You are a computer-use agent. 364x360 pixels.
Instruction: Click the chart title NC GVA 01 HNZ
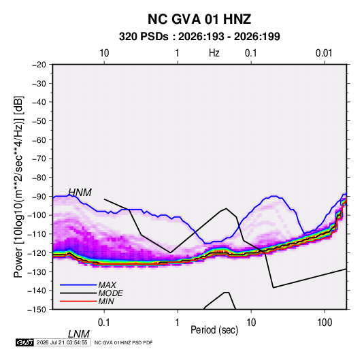pos(199,19)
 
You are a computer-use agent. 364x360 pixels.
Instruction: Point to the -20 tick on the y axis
pos(39,65)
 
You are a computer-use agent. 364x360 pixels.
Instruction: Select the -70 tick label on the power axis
pos(39,159)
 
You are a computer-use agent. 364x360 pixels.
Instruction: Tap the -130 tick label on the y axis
pos(37,272)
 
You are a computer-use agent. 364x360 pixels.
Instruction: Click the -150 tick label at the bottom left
pos(37,310)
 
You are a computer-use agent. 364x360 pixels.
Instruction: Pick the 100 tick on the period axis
pos(325,323)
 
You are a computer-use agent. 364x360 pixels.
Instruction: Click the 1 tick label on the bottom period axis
pos(178,323)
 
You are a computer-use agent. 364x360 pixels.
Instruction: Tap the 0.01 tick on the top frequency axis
pos(324,53)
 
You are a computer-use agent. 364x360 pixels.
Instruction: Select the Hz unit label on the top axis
pos(214,53)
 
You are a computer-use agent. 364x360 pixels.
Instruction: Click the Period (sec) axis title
pos(214,330)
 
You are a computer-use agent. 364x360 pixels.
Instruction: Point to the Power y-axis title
pos(18,187)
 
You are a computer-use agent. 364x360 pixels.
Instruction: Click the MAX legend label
pos(107,284)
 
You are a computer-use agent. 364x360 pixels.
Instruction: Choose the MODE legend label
pos(110,293)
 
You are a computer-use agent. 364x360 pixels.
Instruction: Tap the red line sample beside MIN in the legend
pos(78,301)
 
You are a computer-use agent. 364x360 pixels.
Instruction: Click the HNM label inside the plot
pos(80,193)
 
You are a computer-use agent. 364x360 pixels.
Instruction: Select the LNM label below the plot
pos(79,334)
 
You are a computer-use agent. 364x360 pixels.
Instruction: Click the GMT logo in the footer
pos(24,342)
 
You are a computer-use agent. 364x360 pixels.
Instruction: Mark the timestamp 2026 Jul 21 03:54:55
pos(62,342)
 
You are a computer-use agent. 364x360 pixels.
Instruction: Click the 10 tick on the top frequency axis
pos(104,53)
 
